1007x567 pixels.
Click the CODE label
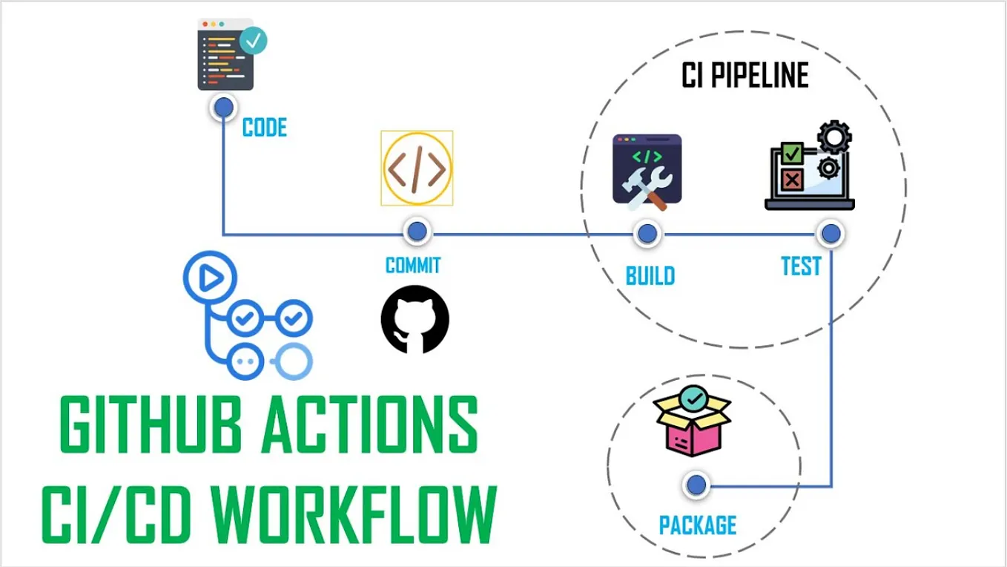coord(265,128)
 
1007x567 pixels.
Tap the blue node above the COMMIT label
coord(417,232)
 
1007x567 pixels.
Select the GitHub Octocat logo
coord(415,319)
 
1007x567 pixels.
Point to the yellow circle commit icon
coord(417,168)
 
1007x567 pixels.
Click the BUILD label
coord(650,276)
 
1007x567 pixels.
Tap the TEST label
coord(801,266)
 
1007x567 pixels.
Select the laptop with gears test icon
coord(810,168)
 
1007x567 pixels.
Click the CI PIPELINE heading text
coord(744,76)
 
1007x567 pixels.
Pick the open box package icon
coord(691,423)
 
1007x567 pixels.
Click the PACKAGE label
coord(698,525)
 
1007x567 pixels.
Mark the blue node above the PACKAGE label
coord(696,485)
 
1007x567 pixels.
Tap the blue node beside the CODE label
coord(222,109)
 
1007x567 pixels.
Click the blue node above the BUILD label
coord(647,234)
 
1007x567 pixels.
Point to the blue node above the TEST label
coord(831,234)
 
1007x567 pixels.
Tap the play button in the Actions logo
coord(209,278)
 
